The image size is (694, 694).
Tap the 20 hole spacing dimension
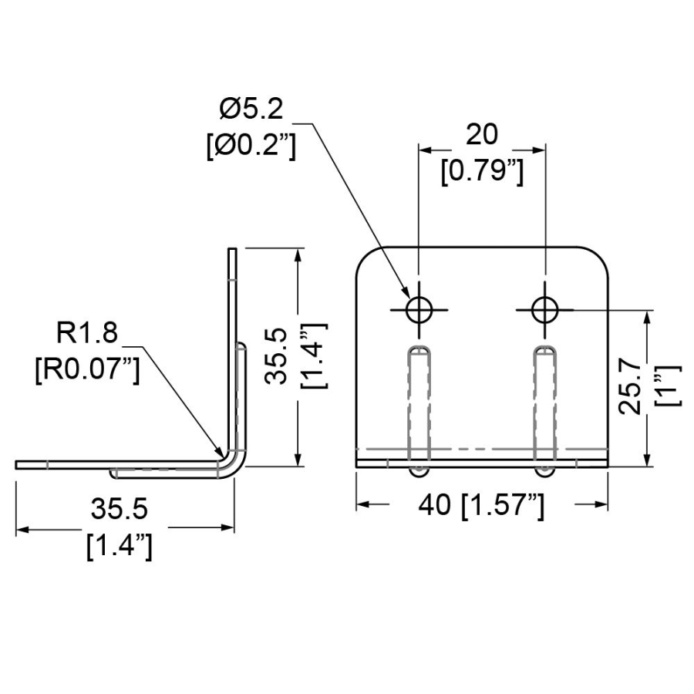point(481,134)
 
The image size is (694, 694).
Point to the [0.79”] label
point(482,171)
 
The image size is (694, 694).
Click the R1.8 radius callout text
point(86,332)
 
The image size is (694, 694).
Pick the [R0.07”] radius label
point(87,369)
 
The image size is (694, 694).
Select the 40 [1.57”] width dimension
point(481,504)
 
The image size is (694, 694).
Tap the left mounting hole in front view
point(419,310)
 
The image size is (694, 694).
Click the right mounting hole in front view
point(545,310)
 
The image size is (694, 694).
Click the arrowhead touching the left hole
point(405,292)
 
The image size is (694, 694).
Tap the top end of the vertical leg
point(232,249)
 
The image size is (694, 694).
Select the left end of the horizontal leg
point(17,464)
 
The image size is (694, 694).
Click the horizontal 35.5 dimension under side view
point(119,509)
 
